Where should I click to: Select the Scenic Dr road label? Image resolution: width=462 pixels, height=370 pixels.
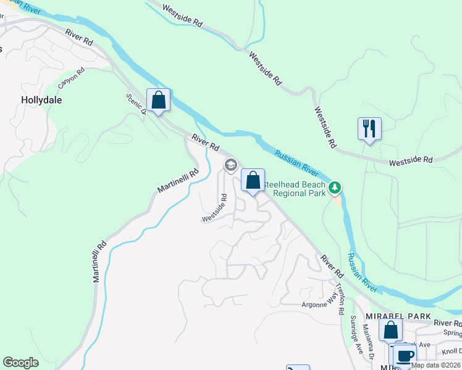(x=135, y=104)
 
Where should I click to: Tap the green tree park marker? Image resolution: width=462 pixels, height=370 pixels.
(x=335, y=186)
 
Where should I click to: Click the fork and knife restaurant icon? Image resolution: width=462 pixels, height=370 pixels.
(x=369, y=129)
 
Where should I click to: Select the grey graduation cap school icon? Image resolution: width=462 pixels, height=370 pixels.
(x=230, y=165)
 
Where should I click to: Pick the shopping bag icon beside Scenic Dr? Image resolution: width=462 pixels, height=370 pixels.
(x=158, y=100)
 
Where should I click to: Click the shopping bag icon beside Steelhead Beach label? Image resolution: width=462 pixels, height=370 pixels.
(x=253, y=181)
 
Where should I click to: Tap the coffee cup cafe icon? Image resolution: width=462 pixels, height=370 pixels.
(x=405, y=356)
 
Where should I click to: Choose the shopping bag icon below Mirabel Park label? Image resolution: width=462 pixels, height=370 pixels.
(x=390, y=330)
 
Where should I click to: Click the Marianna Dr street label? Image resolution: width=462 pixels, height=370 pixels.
(x=368, y=342)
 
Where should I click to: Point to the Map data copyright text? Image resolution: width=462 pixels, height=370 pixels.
(x=436, y=365)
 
